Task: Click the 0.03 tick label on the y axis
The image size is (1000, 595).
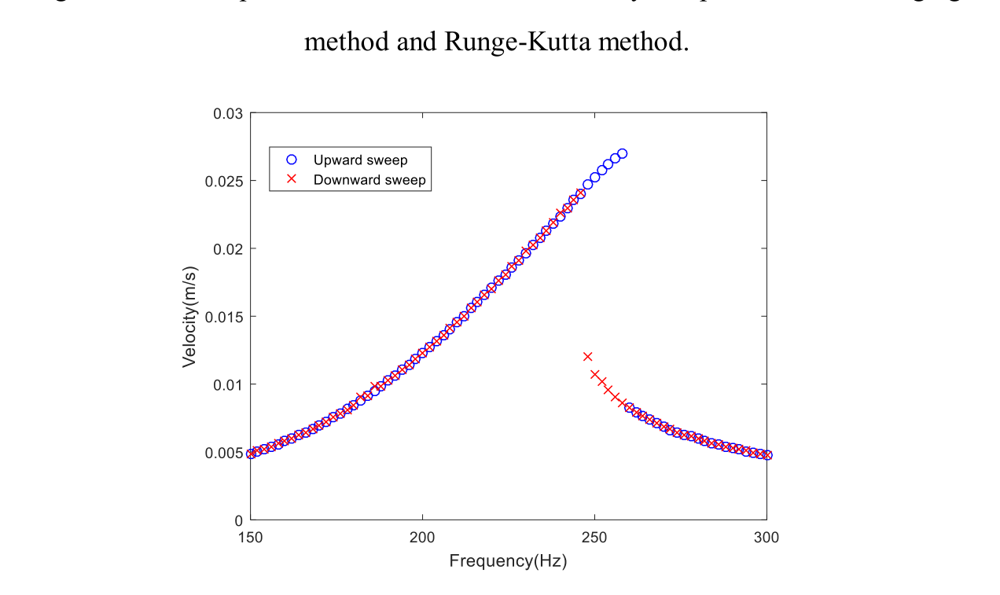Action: (x=228, y=113)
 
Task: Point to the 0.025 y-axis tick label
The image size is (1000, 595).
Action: (x=225, y=181)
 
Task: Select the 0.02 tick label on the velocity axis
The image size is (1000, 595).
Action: (x=228, y=249)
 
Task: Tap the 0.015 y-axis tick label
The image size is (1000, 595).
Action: (x=225, y=317)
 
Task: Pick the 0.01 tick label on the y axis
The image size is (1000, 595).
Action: (x=228, y=384)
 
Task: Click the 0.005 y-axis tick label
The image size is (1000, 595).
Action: (x=225, y=453)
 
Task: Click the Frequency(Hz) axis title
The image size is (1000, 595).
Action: (x=508, y=561)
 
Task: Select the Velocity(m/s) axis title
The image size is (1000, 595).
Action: (x=189, y=316)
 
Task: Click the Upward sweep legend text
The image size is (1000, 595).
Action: (x=360, y=160)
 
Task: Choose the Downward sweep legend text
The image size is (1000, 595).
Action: (x=369, y=180)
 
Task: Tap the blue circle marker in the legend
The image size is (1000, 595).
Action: (x=291, y=160)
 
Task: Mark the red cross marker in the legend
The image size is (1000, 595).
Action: (x=291, y=179)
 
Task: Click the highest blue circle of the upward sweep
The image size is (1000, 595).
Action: (x=622, y=154)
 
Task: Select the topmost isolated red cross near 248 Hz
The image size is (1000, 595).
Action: (x=587, y=356)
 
